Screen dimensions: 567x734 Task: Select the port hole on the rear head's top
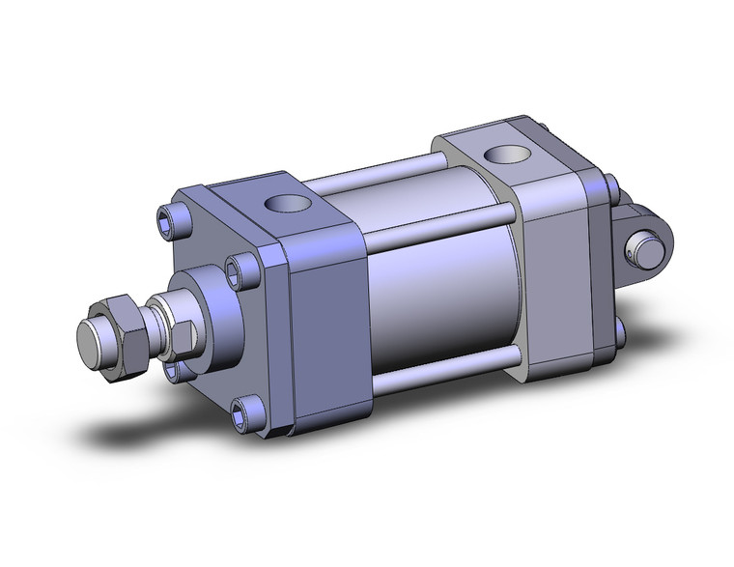pyautogui.click(x=501, y=152)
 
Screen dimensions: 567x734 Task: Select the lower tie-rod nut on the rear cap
pyautogui.click(x=619, y=335)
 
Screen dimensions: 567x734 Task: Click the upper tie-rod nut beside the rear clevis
pyautogui.click(x=611, y=184)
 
